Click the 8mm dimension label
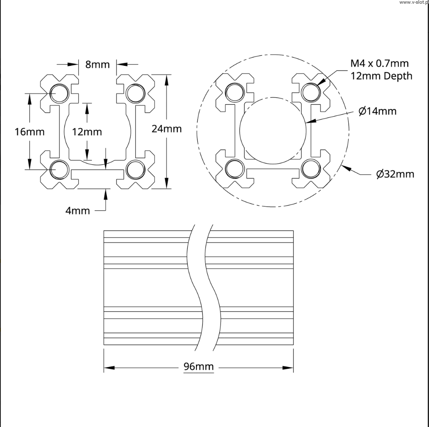tap(97, 65)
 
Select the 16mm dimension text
tap(29, 132)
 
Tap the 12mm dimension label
tap(87, 132)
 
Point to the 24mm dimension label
tap(166, 129)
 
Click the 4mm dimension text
tap(77, 211)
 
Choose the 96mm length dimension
tap(198, 367)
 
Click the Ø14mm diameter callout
tap(377, 111)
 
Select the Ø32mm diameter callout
tap(395, 174)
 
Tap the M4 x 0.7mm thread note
tap(379, 63)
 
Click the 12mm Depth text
tap(381, 76)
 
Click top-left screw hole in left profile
tap(59, 93)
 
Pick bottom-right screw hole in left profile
tap(135, 170)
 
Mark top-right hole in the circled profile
tap(310, 92)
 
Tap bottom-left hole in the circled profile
tap(234, 168)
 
